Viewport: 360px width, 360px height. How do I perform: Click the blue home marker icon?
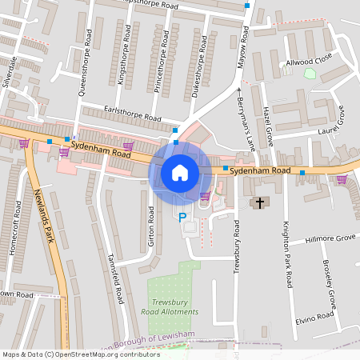(x=180, y=172)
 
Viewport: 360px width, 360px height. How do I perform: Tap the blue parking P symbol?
(x=182, y=216)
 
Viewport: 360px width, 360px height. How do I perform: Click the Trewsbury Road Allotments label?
(x=170, y=306)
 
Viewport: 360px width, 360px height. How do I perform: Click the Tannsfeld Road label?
(x=116, y=278)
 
